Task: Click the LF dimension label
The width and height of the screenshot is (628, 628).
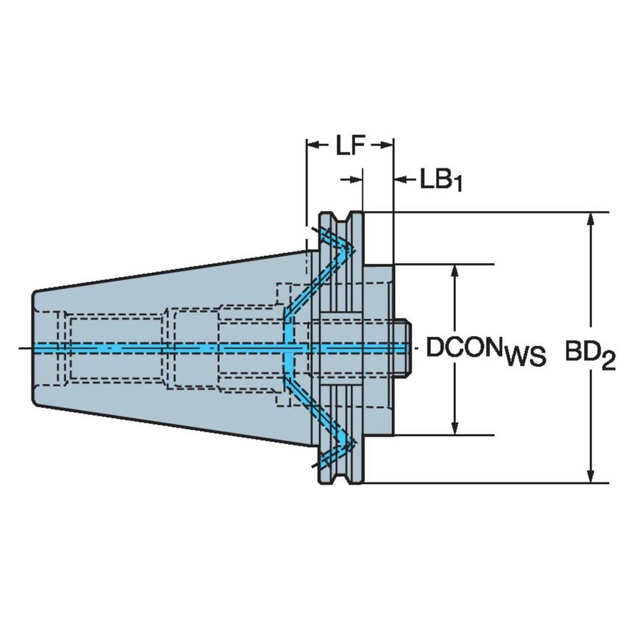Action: pyautogui.click(x=350, y=146)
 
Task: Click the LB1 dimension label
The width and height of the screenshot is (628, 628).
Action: pyautogui.click(x=440, y=179)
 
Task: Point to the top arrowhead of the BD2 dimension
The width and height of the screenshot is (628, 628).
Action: pyautogui.click(x=590, y=218)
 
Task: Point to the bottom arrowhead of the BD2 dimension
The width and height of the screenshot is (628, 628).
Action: pyautogui.click(x=590, y=477)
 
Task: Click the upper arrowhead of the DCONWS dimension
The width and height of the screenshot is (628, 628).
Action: pyautogui.click(x=456, y=270)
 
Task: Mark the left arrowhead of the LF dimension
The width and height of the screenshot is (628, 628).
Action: pyautogui.click(x=310, y=146)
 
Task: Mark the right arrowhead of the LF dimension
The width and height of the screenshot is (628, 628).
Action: pyautogui.click(x=390, y=146)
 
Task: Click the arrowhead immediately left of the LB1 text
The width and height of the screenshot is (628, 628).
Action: pyautogui.click(x=402, y=179)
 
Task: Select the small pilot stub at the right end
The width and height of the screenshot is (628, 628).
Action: pyautogui.click(x=402, y=346)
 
